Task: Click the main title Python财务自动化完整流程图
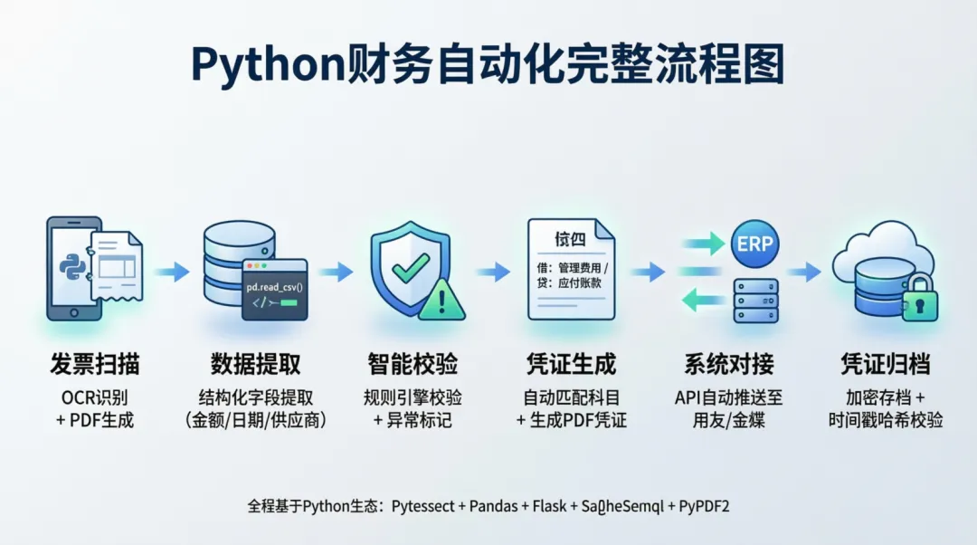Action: (488, 64)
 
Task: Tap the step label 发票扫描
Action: (95, 365)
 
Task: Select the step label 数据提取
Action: (255, 365)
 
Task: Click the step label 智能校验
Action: (413, 365)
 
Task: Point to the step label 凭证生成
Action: (571, 365)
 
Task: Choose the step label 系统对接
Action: (729, 365)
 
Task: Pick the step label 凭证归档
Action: (886, 365)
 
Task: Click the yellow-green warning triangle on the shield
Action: (441, 301)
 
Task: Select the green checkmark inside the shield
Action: (409, 264)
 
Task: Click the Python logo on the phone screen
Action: (71, 265)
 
